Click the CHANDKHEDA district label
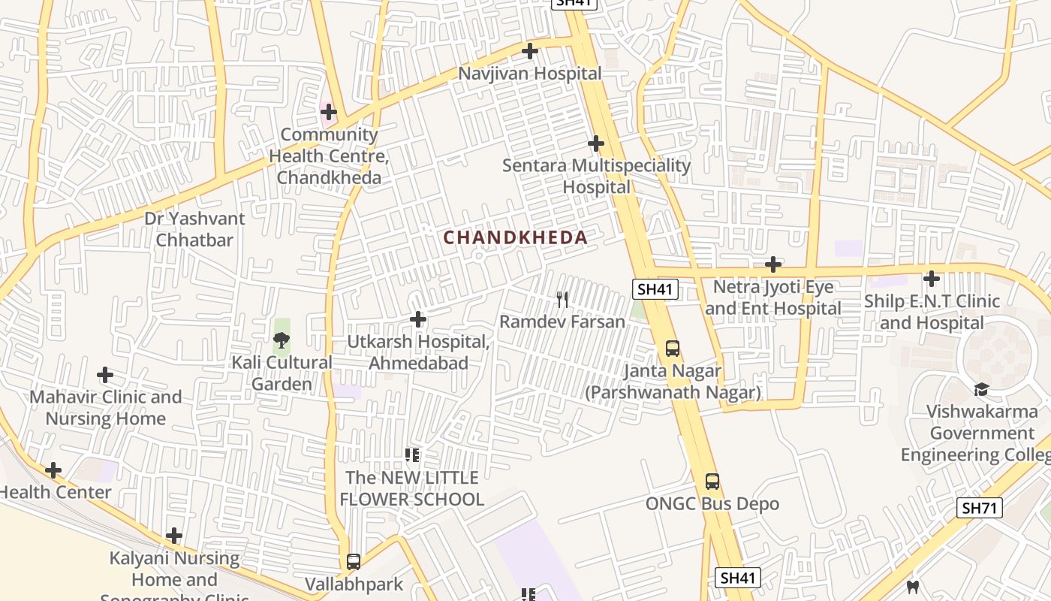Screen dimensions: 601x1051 tap(515, 237)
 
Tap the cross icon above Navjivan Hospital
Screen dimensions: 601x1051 tap(530, 51)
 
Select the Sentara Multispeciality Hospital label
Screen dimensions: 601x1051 tap(597, 176)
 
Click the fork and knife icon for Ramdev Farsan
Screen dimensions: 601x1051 tap(562, 300)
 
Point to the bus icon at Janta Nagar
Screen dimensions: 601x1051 tap(673, 349)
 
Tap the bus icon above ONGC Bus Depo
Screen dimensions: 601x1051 tap(712, 482)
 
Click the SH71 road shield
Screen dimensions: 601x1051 tap(980, 508)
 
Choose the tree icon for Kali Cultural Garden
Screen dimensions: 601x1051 tap(282, 340)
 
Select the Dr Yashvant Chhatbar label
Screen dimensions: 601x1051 tap(194, 229)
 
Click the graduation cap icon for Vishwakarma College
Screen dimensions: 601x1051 tap(981, 389)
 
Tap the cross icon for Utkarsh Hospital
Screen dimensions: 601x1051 tap(418, 320)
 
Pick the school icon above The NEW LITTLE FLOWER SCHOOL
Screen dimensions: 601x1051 tap(411, 455)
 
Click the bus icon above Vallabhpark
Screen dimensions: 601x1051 tap(354, 562)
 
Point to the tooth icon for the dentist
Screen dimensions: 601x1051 tap(913, 587)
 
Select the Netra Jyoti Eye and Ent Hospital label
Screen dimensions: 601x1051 tap(773, 297)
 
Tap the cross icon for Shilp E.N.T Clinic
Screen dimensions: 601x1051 tap(932, 279)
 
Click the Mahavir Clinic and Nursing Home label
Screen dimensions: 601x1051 tap(106, 407)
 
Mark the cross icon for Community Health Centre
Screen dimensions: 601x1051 tap(328, 113)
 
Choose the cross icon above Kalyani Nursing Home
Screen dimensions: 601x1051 tap(174, 536)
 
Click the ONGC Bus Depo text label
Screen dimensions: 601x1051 tap(712, 503)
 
